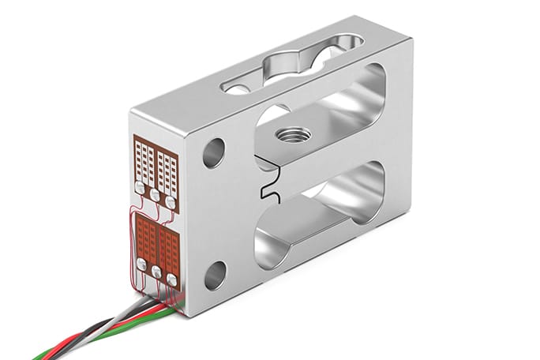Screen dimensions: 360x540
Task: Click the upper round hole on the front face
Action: pos(214,152)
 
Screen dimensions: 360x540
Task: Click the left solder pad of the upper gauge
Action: pos(141,188)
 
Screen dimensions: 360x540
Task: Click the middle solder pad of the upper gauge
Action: pos(155,194)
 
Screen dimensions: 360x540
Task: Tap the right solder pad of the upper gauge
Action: pos(171,202)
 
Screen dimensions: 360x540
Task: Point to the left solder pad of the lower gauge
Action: pos(142,264)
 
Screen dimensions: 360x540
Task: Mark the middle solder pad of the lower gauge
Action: pos(156,272)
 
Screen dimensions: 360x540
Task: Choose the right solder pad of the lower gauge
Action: pos(172,279)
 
